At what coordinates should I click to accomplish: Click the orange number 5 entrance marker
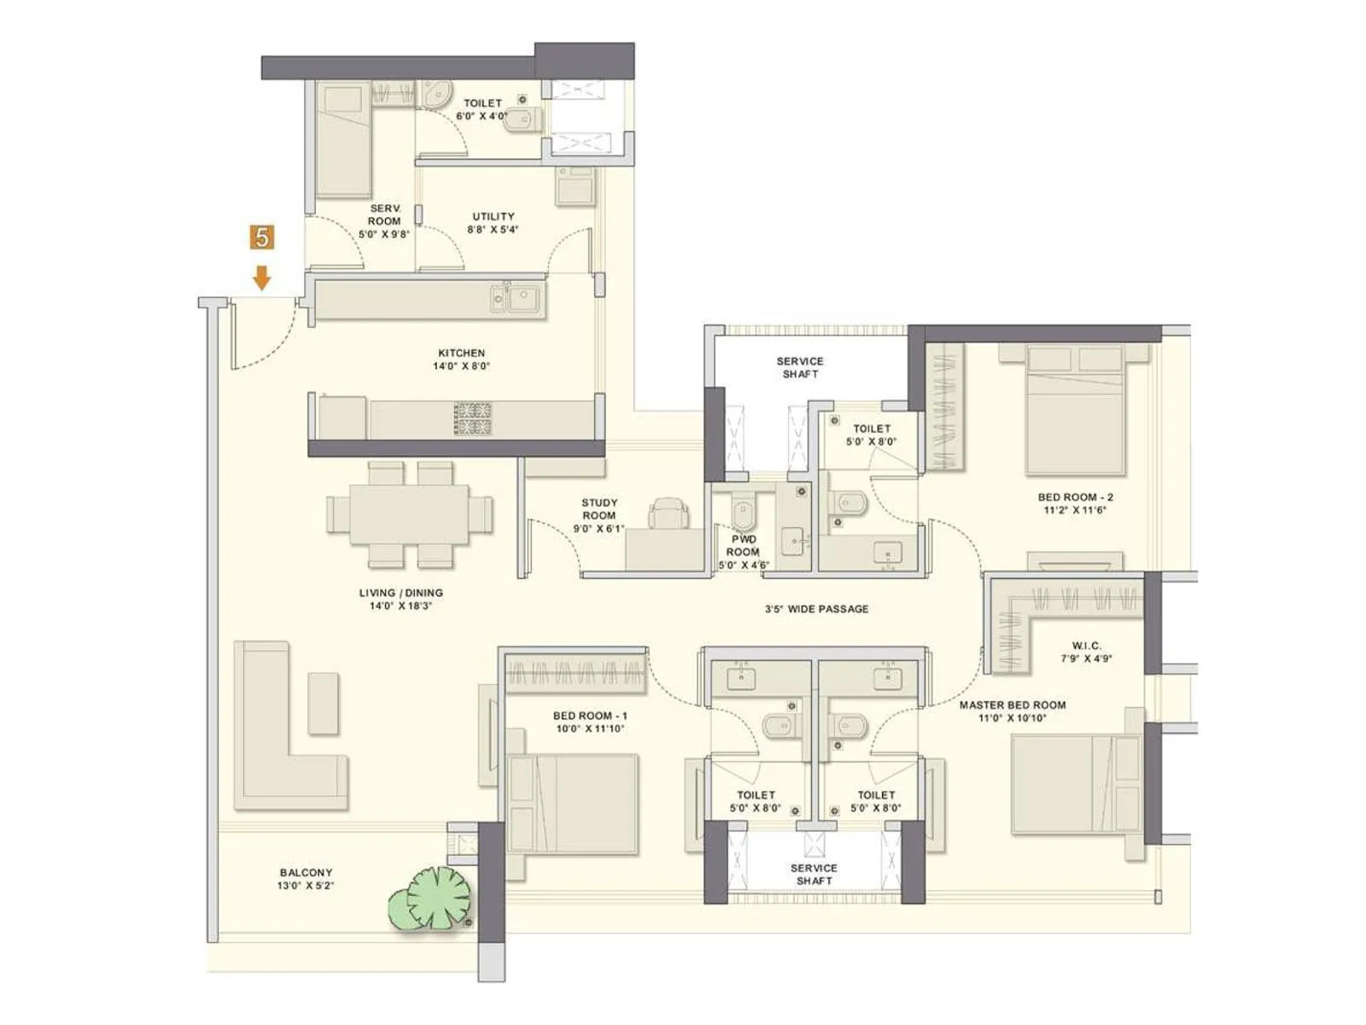261,237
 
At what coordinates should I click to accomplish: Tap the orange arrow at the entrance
261,278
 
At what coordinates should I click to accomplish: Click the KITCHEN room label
461,359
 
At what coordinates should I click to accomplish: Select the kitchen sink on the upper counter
517,299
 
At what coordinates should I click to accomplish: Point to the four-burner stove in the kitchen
472,418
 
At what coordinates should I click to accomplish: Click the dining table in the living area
409,514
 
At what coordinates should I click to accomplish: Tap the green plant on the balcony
433,899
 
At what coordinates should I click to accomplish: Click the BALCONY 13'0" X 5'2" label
306,879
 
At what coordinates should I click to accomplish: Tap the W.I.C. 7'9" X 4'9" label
1086,652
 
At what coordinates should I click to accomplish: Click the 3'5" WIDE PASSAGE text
816,609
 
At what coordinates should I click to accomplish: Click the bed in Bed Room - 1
573,803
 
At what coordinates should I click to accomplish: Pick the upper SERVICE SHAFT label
800,367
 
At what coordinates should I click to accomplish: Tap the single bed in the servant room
344,141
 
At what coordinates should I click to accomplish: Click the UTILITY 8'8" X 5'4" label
493,222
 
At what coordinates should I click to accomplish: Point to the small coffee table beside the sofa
323,703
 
